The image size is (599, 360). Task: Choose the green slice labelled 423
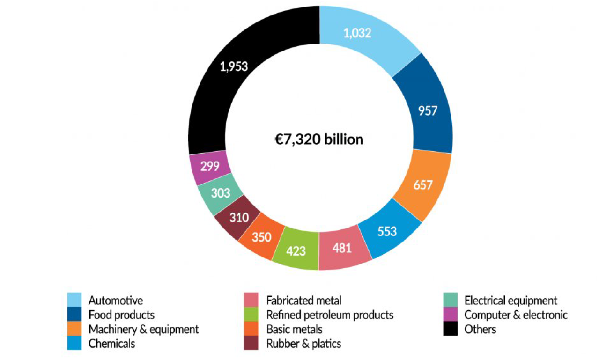296,250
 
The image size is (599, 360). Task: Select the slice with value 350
261,237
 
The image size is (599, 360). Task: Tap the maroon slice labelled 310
239,217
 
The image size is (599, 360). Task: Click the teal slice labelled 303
220,193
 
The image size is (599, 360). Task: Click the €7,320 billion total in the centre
319,140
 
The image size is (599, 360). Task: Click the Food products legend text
121,315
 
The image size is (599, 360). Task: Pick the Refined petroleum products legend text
330,315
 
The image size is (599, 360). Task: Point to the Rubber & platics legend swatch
252,344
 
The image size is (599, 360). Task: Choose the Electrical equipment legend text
510,300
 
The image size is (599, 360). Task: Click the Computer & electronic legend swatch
450,315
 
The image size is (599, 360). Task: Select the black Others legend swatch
450,329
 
